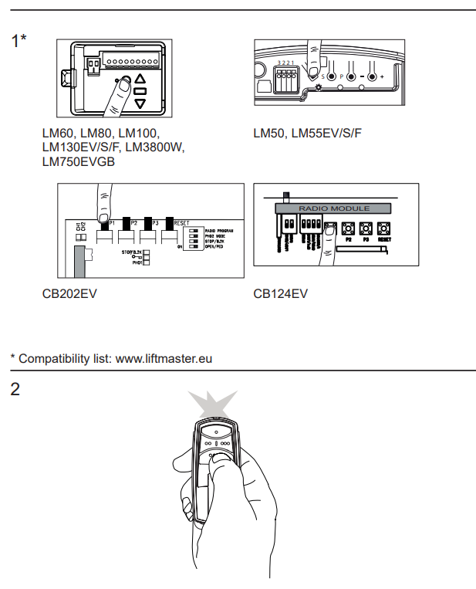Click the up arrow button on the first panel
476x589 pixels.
pyautogui.click(x=140, y=80)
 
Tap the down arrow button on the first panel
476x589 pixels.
pyautogui.click(x=140, y=102)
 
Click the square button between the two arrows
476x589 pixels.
pyautogui.click(x=140, y=91)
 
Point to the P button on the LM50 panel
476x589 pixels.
pyautogui.click(x=332, y=77)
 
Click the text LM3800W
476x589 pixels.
pyautogui.click(x=155, y=147)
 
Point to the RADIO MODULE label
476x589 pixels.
pyautogui.click(x=334, y=208)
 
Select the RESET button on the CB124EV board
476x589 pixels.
pyautogui.click(x=384, y=228)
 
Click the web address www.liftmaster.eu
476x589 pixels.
pyautogui.click(x=164, y=358)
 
